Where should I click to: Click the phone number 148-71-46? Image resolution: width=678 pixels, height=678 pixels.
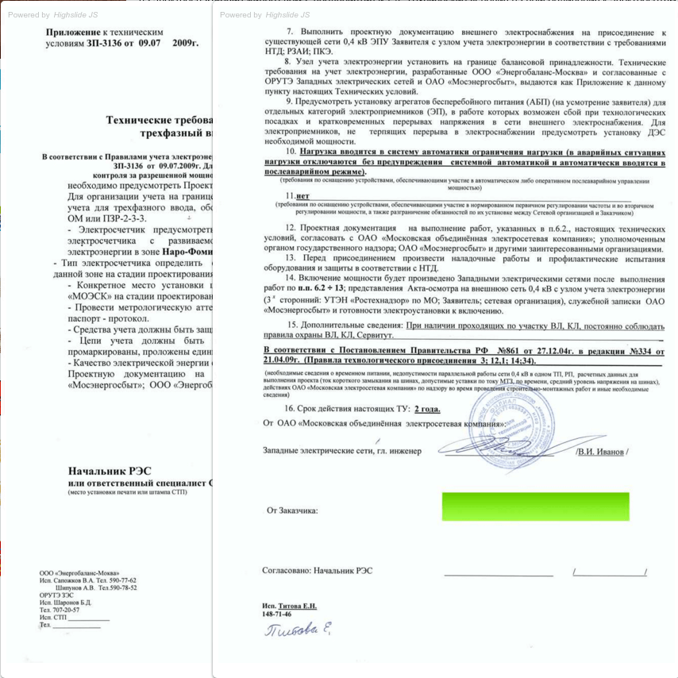click(276, 614)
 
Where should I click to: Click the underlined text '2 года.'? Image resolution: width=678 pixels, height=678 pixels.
click(426, 409)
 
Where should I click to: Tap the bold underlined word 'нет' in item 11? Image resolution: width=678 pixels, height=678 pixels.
click(302, 195)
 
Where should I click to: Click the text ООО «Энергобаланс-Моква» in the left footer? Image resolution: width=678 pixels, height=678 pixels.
click(79, 572)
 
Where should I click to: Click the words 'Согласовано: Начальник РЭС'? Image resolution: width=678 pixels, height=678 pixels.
click(317, 570)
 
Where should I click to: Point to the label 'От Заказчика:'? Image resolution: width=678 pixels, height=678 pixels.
click(292, 510)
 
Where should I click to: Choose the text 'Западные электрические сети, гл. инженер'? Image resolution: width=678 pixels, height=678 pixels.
click(342, 451)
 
